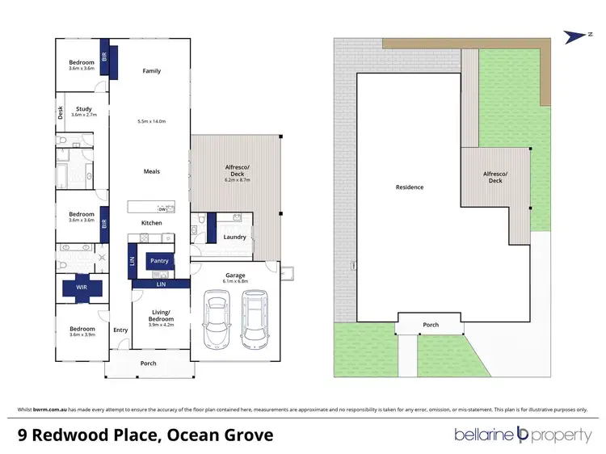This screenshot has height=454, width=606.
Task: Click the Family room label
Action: pyautogui.click(x=152, y=71)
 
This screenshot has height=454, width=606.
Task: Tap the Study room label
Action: pyautogui.click(x=84, y=108)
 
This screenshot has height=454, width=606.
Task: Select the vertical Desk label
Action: pyautogui.click(x=61, y=113)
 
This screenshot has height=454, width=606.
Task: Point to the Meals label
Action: pyautogui.click(x=152, y=171)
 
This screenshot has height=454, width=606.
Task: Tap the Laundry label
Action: pyautogui.click(x=234, y=237)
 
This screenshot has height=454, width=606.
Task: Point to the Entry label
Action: pyautogui.click(x=120, y=330)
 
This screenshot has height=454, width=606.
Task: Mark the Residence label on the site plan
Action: pyautogui.click(x=409, y=187)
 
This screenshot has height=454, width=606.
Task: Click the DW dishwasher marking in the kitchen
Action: pyautogui.click(x=162, y=208)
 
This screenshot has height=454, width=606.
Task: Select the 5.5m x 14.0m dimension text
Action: pyautogui.click(x=152, y=121)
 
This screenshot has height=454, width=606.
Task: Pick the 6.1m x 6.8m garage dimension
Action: pyautogui.click(x=235, y=282)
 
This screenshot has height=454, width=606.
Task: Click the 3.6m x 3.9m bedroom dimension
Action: pyautogui.click(x=82, y=335)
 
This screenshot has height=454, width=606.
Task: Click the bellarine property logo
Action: pyautogui.click(x=522, y=435)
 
